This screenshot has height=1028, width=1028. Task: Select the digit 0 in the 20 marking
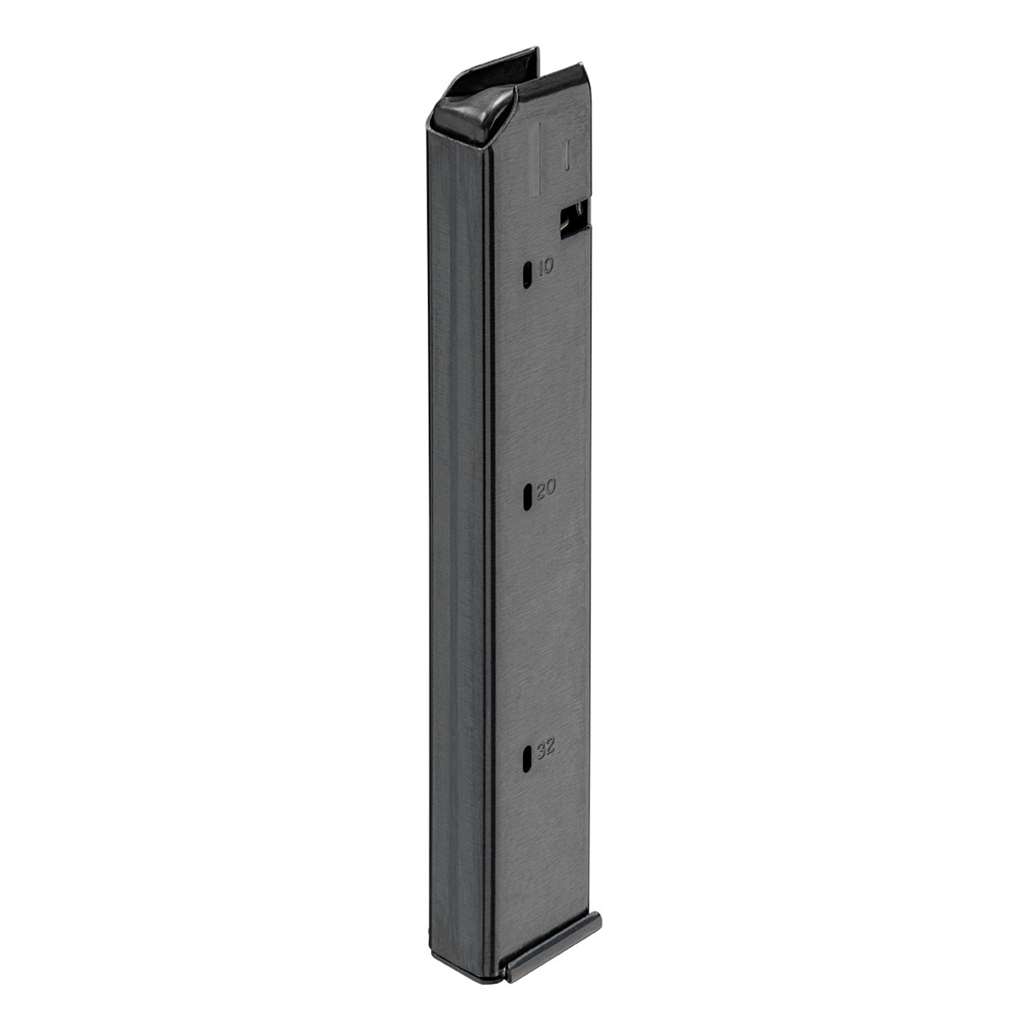pyautogui.click(x=551, y=488)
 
